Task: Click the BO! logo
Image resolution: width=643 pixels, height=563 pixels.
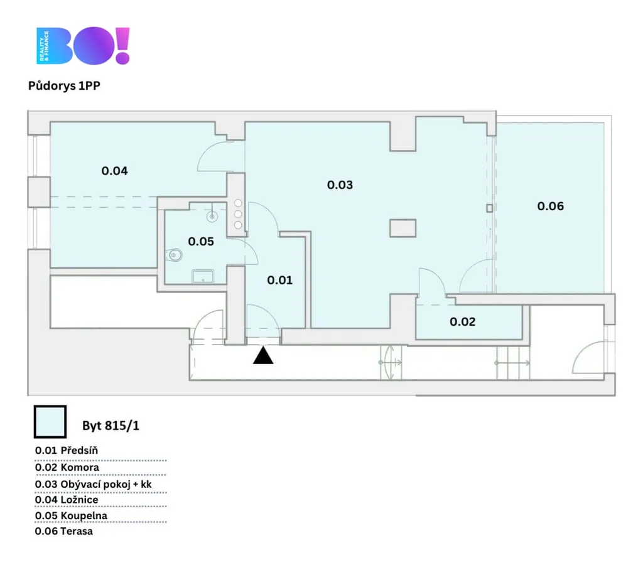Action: pyautogui.click(x=84, y=45)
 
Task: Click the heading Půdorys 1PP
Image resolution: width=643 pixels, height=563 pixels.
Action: pyautogui.click(x=64, y=85)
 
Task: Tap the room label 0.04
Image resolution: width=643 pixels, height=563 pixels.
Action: pyautogui.click(x=114, y=171)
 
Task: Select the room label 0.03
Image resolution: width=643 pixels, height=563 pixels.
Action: pyautogui.click(x=340, y=185)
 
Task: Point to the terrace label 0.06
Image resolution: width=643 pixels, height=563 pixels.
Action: pyautogui.click(x=550, y=206)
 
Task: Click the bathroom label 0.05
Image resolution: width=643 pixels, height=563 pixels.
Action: pyautogui.click(x=200, y=242)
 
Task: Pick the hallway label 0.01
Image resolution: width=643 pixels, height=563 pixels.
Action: pyautogui.click(x=279, y=281)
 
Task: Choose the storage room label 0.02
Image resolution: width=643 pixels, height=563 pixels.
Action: pyautogui.click(x=463, y=321)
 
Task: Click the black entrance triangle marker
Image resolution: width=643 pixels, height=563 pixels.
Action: pyautogui.click(x=263, y=356)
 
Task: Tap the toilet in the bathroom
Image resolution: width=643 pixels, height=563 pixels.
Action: pyautogui.click(x=174, y=255)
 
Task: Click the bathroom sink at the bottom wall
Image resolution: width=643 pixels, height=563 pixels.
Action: pyautogui.click(x=203, y=276)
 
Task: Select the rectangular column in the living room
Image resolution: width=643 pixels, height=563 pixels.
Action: pyautogui.click(x=403, y=228)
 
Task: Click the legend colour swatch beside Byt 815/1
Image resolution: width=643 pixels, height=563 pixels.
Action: pyautogui.click(x=50, y=422)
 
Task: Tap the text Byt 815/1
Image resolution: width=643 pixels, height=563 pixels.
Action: pyautogui.click(x=111, y=426)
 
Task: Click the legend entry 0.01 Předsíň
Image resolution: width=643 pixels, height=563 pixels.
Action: pyautogui.click(x=67, y=450)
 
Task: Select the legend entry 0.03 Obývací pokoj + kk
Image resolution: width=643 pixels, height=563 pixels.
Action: pyautogui.click(x=93, y=485)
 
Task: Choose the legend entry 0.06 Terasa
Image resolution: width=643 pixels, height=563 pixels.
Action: pyautogui.click(x=63, y=532)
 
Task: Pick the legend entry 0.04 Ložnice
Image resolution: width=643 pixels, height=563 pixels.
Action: pyautogui.click(x=67, y=500)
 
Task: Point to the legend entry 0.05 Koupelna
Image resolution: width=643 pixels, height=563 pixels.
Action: pyautogui.click(x=71, y=516)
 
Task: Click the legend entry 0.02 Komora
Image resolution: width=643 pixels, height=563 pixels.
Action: pyautogui.click(x=67, y=468)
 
